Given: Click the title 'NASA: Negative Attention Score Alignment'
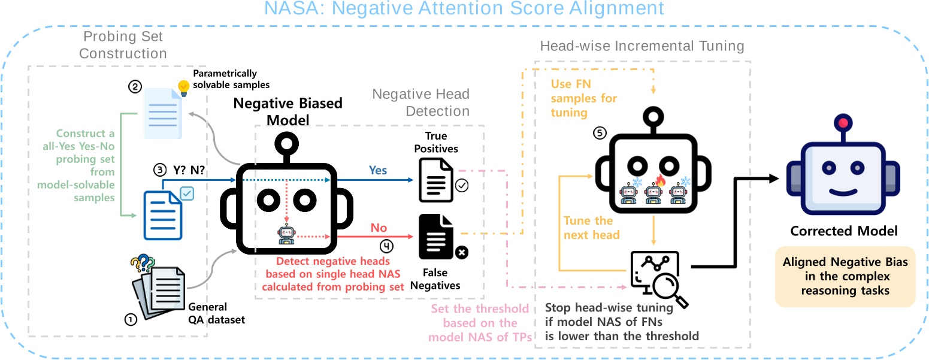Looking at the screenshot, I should [x=464, y=9].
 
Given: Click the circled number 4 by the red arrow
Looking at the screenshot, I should [x=388, y=244].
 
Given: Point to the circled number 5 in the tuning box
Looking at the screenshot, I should [x=598, y=133].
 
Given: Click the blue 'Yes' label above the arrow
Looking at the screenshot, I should [x=377, y=170].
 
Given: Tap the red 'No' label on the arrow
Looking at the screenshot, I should [x=379, y=228].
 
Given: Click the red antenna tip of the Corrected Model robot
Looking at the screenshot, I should [x=843, y=123].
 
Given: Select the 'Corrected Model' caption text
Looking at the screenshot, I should [x=843, y=231].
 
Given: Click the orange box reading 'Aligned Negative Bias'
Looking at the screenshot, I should [x=845, y=277].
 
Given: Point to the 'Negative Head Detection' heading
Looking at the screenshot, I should [x=421, y=102].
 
